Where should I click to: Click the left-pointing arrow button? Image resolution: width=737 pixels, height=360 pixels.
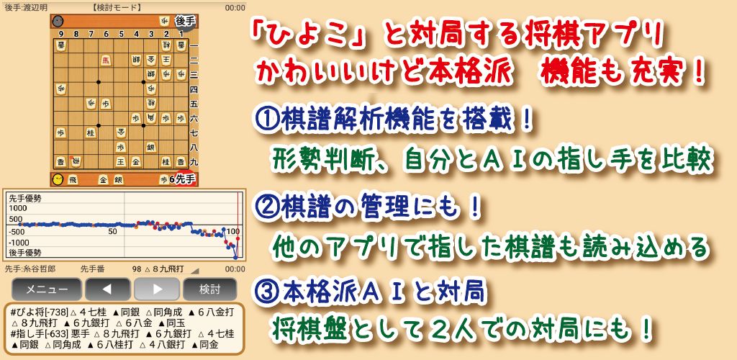108,289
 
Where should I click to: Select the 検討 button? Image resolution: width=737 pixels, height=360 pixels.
210,289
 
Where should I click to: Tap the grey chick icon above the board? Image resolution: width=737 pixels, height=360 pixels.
58,21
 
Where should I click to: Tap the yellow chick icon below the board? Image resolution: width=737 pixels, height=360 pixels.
58,179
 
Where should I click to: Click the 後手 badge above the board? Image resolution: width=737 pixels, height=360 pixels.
185,21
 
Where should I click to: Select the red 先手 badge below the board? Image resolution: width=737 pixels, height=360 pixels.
186,179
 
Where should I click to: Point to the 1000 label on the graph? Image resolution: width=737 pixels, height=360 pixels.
17,207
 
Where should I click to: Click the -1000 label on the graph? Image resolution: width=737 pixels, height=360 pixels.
19,243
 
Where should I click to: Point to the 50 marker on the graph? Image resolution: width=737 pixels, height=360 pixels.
112,232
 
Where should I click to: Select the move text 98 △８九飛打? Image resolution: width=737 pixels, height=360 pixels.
158,269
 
